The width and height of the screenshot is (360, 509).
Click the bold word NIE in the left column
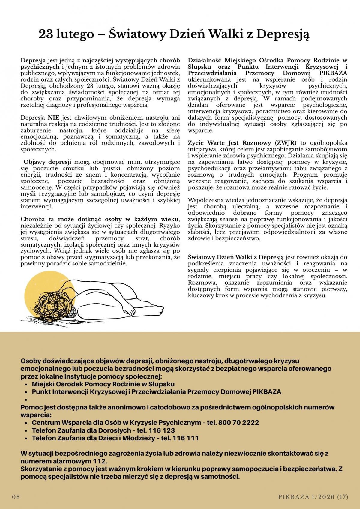pos(52,118)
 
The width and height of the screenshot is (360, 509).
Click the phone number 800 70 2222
pos(239,422)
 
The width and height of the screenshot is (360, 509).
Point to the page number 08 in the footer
pos(16,497)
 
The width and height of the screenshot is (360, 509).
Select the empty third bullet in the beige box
pos(27,400)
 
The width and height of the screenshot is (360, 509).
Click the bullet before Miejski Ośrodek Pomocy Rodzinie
pos(27,384)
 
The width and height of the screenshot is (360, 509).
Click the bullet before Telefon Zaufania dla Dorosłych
pos(27,430)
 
